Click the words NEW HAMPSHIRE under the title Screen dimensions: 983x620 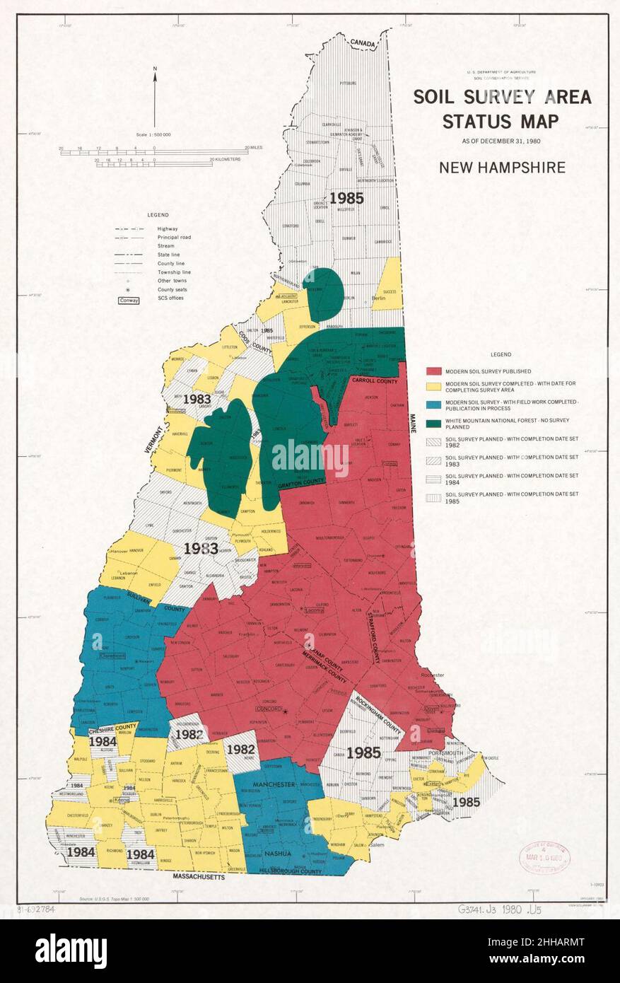pos(502,168)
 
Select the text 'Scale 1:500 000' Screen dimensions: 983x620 pos(154,134)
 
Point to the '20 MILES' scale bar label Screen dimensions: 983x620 pos(254,147)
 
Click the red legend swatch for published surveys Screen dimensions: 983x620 pos(433,371)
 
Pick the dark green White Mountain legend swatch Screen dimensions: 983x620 pos(433,424)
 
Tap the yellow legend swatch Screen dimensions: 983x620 pos(433,386)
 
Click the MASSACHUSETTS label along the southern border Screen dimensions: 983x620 pos(199,877)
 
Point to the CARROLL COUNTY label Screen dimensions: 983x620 pos(375,381)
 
